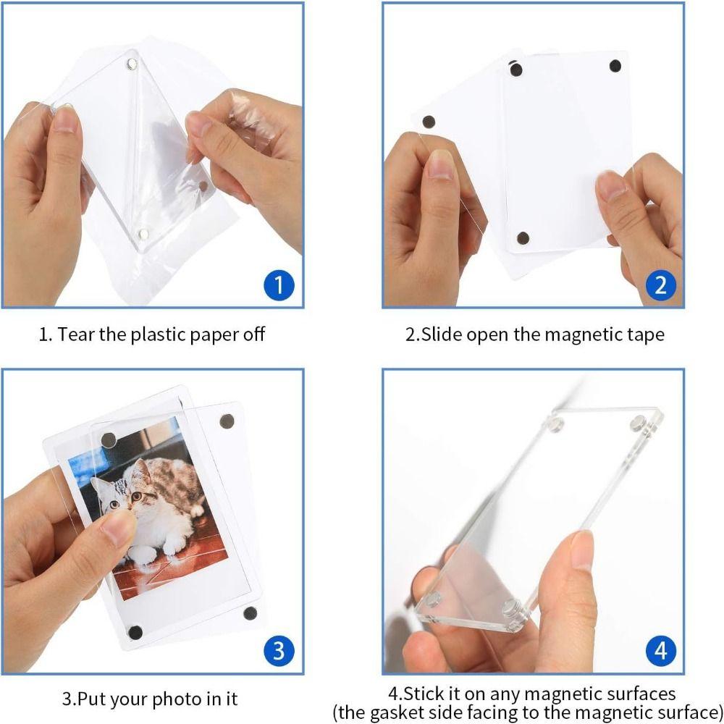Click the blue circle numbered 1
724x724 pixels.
278,285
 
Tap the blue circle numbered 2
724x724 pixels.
660,285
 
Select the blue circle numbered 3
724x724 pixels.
278,650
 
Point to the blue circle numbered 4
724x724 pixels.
660,650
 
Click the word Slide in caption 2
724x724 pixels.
442,334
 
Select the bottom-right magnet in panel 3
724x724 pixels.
250,613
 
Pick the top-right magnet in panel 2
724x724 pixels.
615,65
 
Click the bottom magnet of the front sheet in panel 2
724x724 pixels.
523,237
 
